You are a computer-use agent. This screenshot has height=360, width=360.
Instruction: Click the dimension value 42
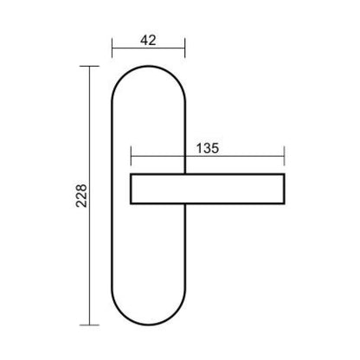point(148,40)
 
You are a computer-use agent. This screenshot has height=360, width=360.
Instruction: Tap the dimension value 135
point(208,148)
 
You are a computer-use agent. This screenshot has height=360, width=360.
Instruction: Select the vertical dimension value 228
point(81,196)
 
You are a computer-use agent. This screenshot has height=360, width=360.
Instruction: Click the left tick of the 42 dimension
point(112,48)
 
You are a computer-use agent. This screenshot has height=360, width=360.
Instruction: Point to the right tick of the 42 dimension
point(184,48)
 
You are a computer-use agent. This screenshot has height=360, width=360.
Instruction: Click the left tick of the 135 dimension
point(131,156)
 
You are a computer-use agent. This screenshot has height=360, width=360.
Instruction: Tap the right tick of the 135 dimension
point(285,156)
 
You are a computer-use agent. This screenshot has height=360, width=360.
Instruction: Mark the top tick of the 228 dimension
point(89,66)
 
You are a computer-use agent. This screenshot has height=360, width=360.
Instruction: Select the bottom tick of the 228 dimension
point(89,325)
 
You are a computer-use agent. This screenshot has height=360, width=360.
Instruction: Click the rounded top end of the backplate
point(149,67)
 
